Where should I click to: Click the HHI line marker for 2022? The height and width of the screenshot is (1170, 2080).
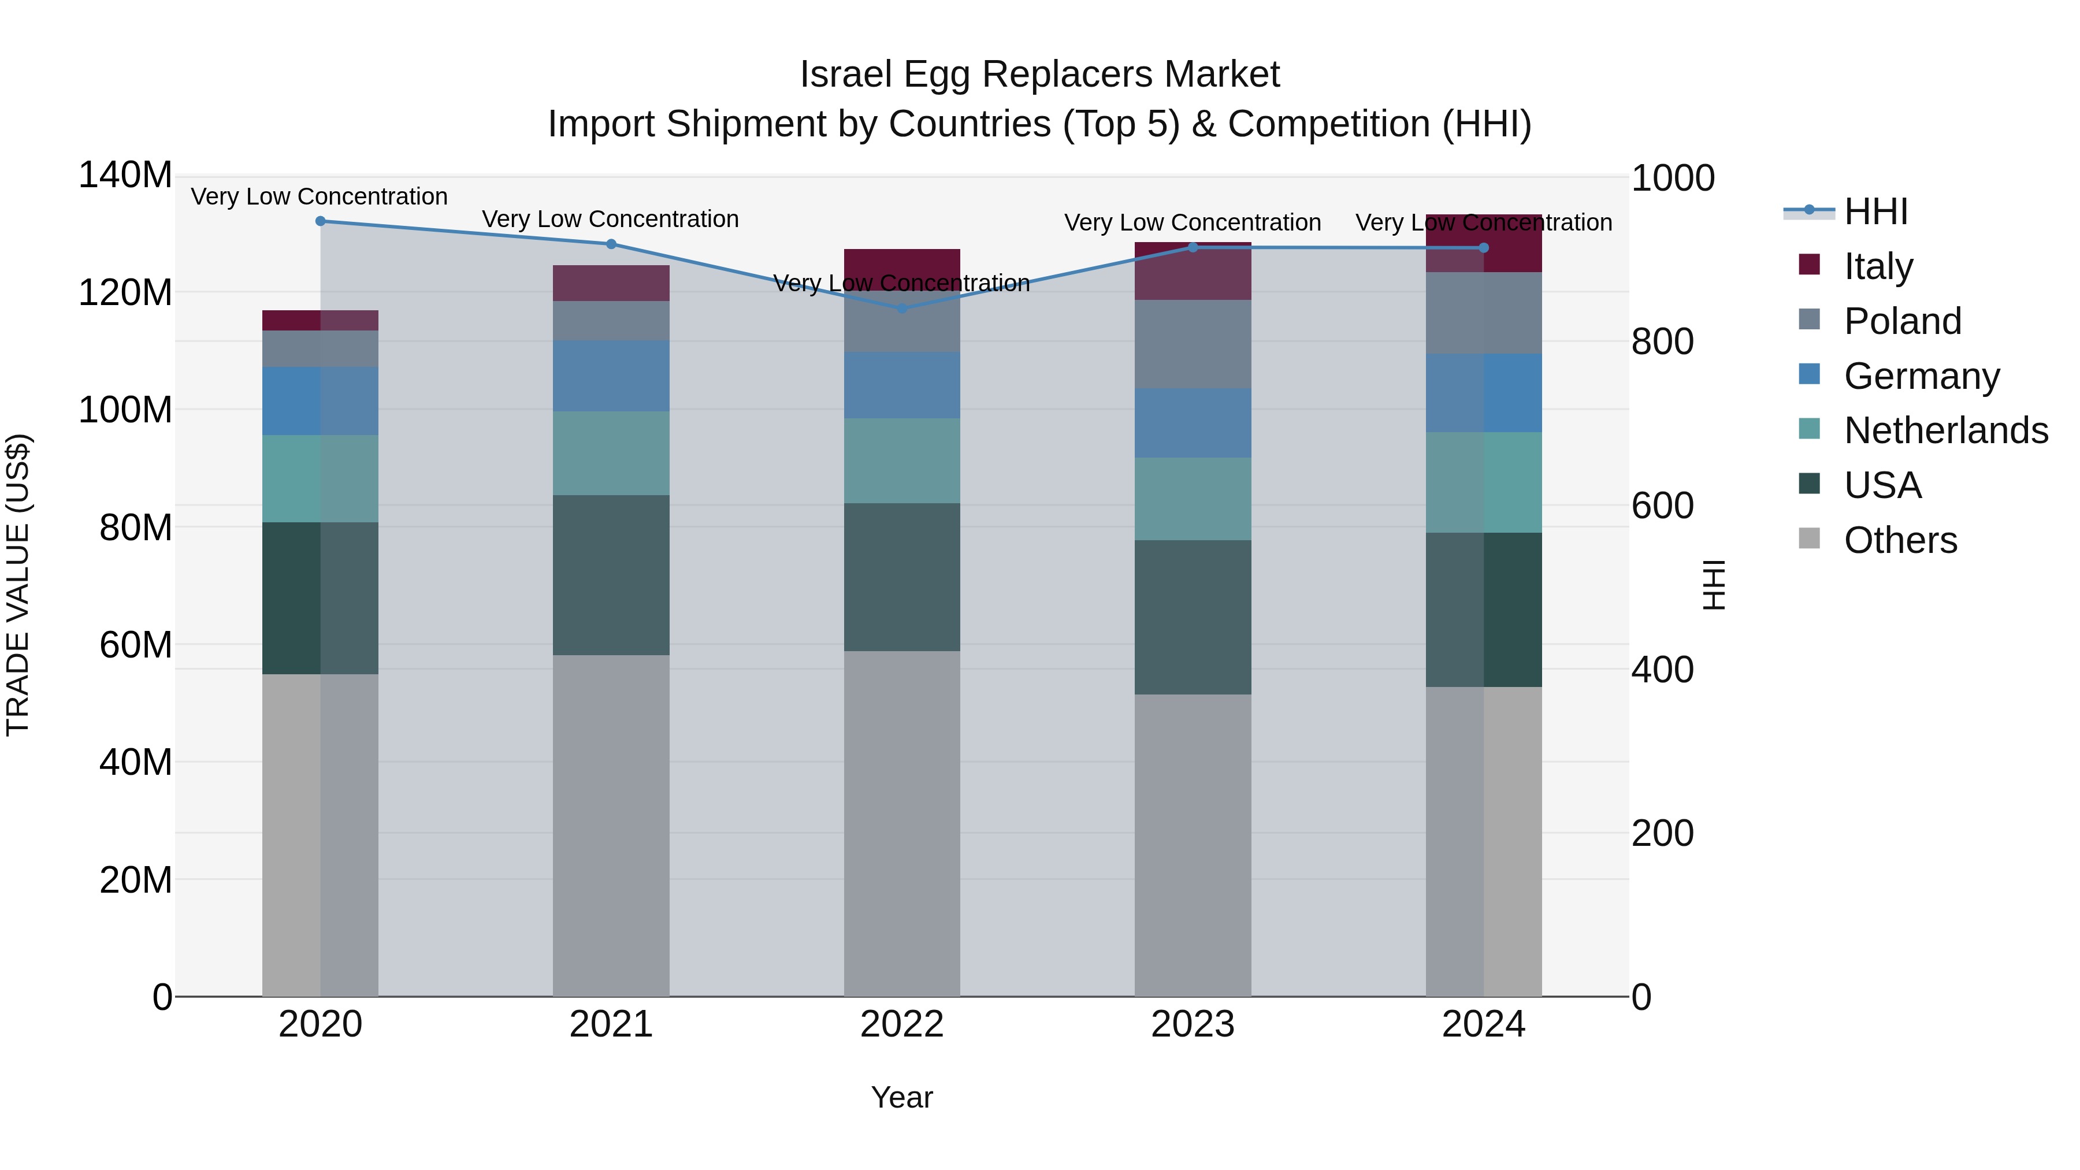(902, 307)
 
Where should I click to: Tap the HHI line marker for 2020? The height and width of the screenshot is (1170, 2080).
(321, 221)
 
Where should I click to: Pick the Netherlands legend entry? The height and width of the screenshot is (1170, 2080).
(1944, 430)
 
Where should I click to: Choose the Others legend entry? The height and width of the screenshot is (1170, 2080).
(1899, 540)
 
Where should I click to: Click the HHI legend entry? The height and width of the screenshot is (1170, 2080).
(1875, 211)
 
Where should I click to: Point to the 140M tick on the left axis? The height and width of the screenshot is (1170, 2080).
(125, 175)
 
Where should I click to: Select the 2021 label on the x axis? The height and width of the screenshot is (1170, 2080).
(611, 1024)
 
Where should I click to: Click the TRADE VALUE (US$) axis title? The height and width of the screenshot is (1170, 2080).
(18, 585)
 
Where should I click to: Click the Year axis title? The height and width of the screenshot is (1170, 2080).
(901, 1097)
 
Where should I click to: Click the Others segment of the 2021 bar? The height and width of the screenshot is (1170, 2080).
(611, 823)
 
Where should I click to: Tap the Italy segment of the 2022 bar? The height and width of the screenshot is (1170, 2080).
(902, 263)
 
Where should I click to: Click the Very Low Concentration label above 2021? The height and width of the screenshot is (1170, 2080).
(611, 219)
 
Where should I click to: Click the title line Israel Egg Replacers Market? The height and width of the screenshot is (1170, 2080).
(1039, 75)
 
